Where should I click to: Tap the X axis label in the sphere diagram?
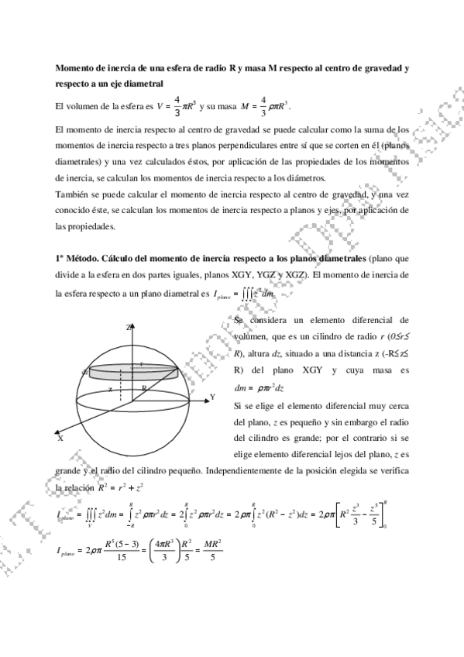60,438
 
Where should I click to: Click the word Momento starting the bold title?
77,67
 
